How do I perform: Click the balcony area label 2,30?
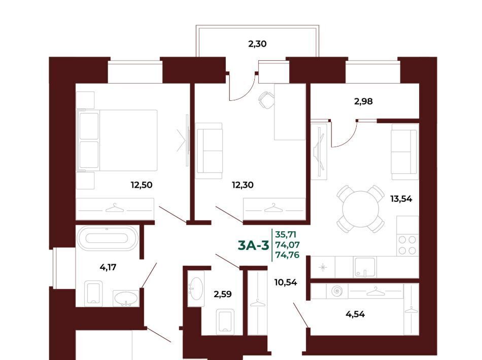pos(257,44)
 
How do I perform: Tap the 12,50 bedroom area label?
pos(142,185)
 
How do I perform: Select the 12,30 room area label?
pos(243,185)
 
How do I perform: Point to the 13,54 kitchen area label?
pos(401,199)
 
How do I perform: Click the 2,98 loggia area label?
pos(363,101)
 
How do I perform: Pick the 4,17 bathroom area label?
pos(108,267)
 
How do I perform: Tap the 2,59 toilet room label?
pos(223,294)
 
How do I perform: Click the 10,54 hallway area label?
pos(286,282)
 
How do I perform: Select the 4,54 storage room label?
pos(355,314)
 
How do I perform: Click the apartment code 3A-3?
pos(254,246)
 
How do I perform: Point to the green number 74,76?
pos(287,255)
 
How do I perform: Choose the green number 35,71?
pos(286,235)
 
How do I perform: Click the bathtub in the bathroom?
pos(107,238)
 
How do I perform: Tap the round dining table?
pos(361,209)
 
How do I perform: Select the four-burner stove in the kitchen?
pos(407,245)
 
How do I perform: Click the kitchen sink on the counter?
pos(364,267)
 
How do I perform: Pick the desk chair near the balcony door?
pos(266,100)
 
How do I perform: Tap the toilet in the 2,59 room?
pos(225,321)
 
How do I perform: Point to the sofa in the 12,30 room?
pos(209,151)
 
